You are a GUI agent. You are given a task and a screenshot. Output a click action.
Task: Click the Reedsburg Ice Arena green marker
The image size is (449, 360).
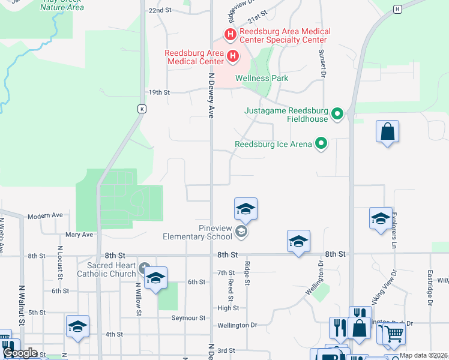coord(322,143)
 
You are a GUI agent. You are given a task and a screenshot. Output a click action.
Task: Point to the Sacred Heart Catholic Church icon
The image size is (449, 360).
coord(143,267)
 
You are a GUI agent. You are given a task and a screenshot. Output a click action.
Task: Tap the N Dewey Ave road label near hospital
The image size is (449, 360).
coord(211,96)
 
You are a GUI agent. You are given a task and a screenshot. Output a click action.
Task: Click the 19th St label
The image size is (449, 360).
coord(160,92)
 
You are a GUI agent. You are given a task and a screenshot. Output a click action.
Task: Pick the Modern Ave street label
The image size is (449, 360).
coord(45,215)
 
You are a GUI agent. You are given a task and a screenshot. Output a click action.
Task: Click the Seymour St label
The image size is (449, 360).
coord(188,317)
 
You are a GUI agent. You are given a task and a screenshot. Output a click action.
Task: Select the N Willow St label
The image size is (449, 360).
coord(138,299)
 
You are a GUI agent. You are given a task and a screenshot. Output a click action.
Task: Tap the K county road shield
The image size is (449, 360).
coord(142,109)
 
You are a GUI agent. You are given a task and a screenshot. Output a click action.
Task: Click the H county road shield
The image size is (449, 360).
coord(397,9)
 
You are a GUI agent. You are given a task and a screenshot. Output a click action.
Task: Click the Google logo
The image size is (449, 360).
coord(20,353)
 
